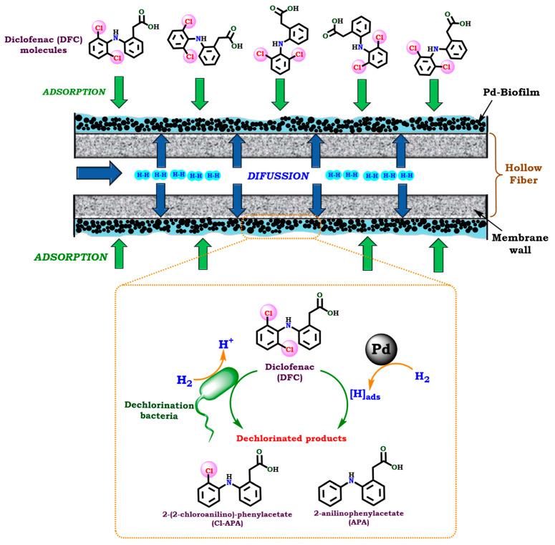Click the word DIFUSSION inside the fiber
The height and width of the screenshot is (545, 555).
point(278,175)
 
